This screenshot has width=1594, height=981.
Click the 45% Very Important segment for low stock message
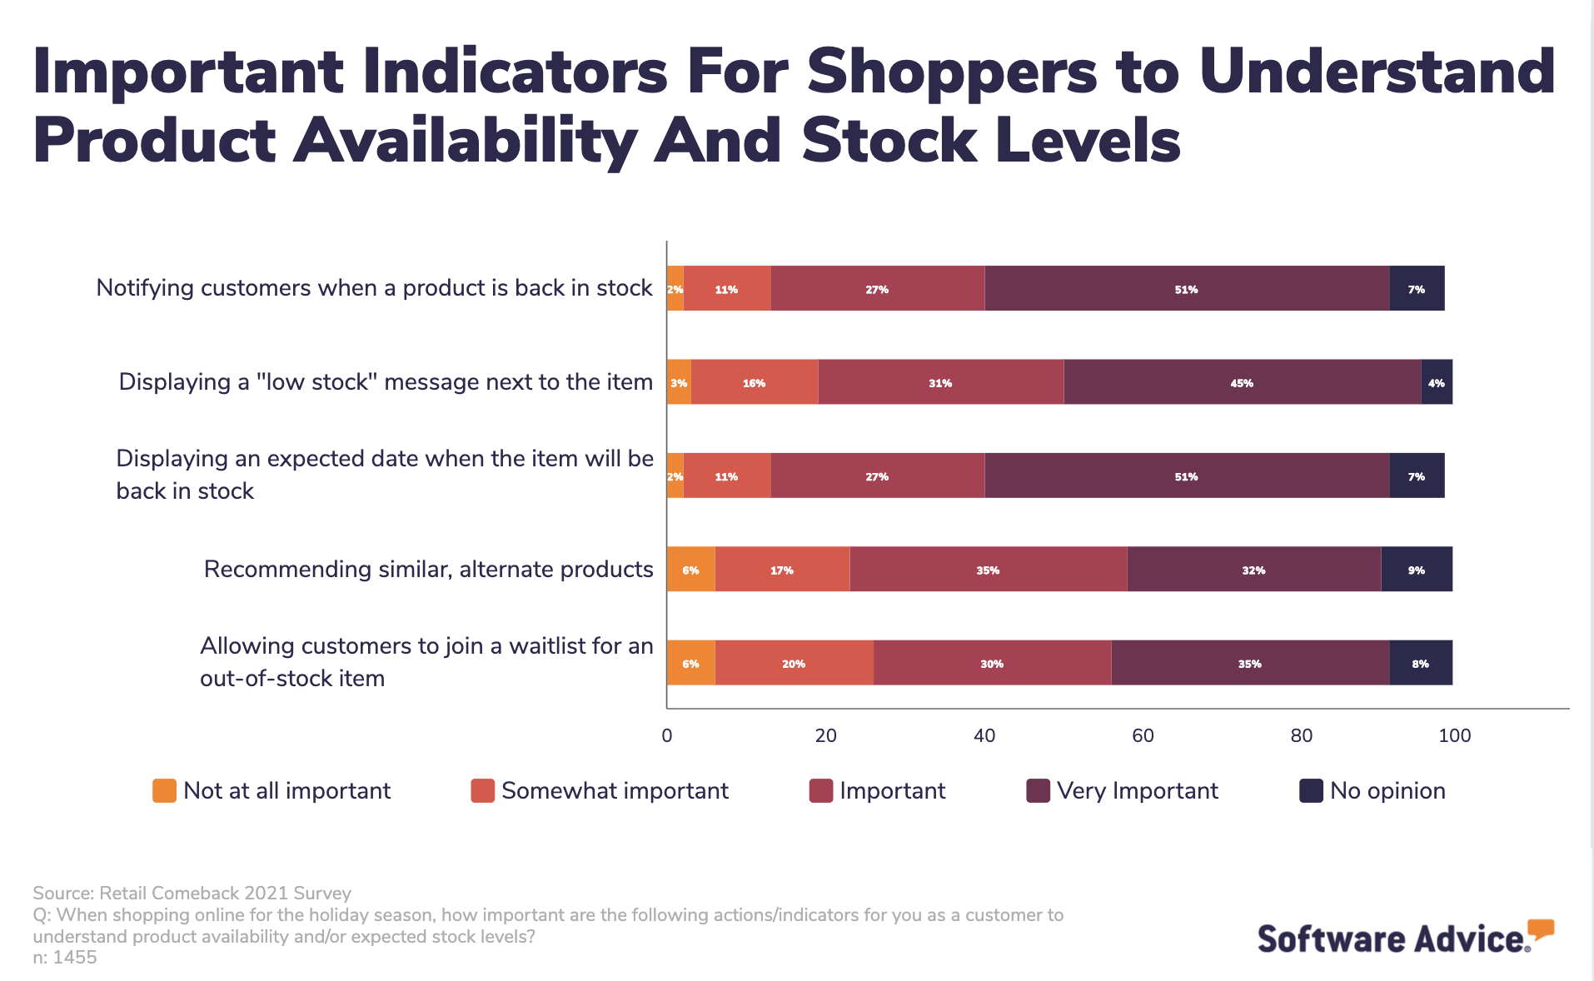pos(1242,382)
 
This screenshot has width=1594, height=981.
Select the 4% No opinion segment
pos(1437,382)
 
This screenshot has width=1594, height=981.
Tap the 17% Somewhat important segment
pos(782,570)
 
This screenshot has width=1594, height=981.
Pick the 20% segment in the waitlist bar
pos(794,663)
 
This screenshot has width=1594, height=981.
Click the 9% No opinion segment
pos(1417,570)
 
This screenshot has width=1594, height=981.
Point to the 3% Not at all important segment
pos(679,382)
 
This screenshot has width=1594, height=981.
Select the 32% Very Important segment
pos(1253,570)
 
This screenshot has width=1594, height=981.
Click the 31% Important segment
pos(940,382)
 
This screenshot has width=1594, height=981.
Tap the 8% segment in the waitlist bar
pos(1421,663)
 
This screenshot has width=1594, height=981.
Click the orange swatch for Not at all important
pos(164,790)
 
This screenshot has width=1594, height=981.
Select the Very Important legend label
pos(1137,790)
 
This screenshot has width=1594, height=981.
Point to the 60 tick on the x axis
pos(1143,735)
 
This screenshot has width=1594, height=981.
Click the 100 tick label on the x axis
pos(1454,735)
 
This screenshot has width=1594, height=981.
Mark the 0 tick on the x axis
pos(666,735)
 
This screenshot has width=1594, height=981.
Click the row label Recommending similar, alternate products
pos(428,569)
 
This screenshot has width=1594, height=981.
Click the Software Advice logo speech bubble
pos(1541,929)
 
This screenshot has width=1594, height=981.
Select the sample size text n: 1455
pos(65,958)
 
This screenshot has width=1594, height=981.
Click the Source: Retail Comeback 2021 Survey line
pos(192,893)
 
